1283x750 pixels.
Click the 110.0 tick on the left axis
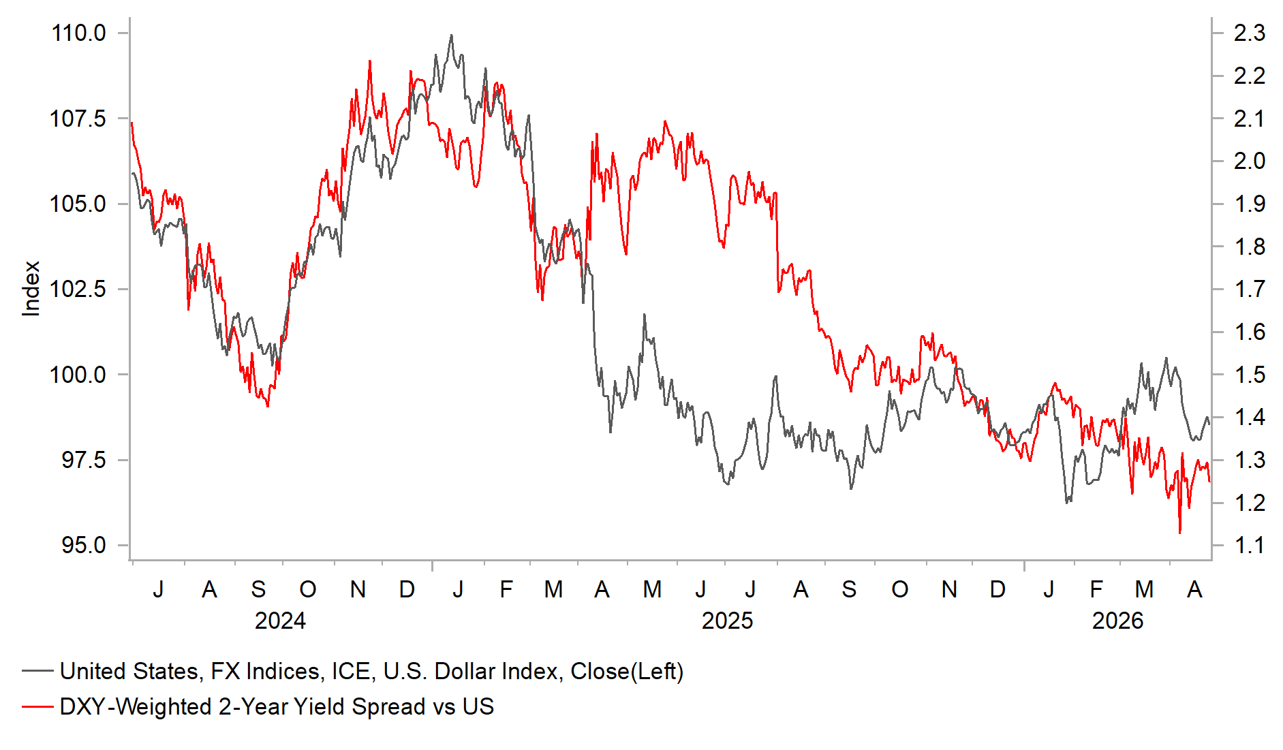(x=78, y=33)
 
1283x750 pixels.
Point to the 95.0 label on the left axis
(x=84, y=545)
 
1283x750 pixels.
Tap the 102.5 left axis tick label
(x=78, y=289)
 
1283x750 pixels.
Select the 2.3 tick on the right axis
(x=1249, y=33)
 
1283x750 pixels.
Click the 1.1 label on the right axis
(x=1249, y=545)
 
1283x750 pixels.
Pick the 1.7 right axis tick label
(x=1249, y=289)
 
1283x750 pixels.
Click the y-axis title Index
(x=31, y=289)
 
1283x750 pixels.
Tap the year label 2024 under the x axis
(x=280, y=621)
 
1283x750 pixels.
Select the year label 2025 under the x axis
(x=727, y=621)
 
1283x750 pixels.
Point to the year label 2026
(x=1117, y=621)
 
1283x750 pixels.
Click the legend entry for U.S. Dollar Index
(x=371, y=671)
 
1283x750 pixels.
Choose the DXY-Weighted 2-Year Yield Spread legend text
(x=277, y=706)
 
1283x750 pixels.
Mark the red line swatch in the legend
(x=37, y=706)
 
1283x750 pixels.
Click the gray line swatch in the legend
(x=37, y=671)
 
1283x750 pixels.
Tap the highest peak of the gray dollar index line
(x=451, y=35)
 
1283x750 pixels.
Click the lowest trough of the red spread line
(x=1179, y=532)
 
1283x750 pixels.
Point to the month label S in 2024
(x=258, y=589)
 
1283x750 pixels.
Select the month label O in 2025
(x=899, y=589)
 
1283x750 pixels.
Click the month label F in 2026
(x=1096, y=589)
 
